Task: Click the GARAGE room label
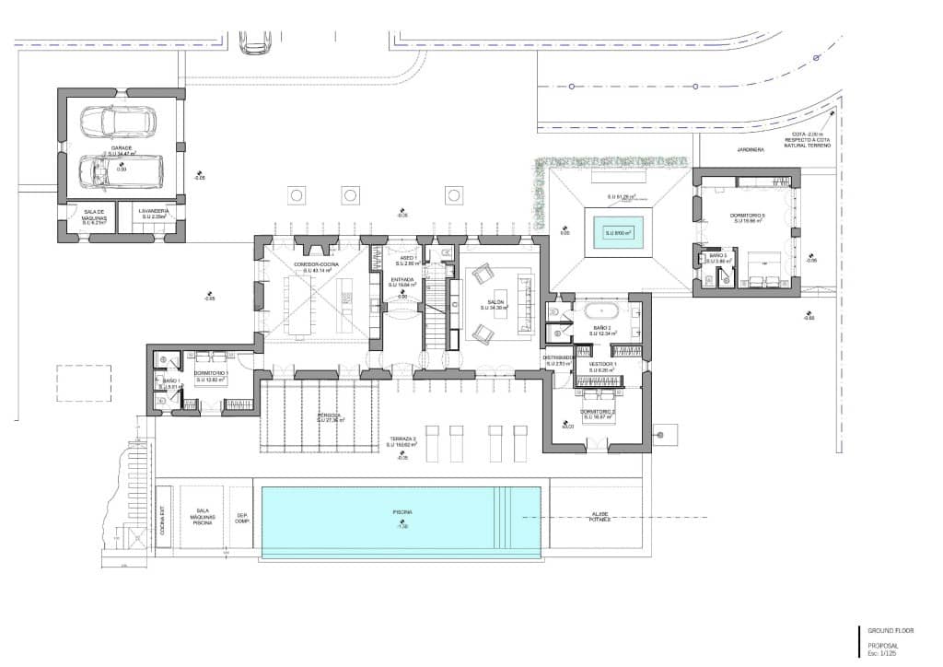point(121,147)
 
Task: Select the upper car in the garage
point(116,121)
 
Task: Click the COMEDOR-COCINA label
point(316,264)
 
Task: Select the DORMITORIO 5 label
point(752,216)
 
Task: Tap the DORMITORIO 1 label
point(210,373)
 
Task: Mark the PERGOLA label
point(329,415)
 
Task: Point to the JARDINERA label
point(751,146)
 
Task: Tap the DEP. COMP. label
point(242,519)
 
